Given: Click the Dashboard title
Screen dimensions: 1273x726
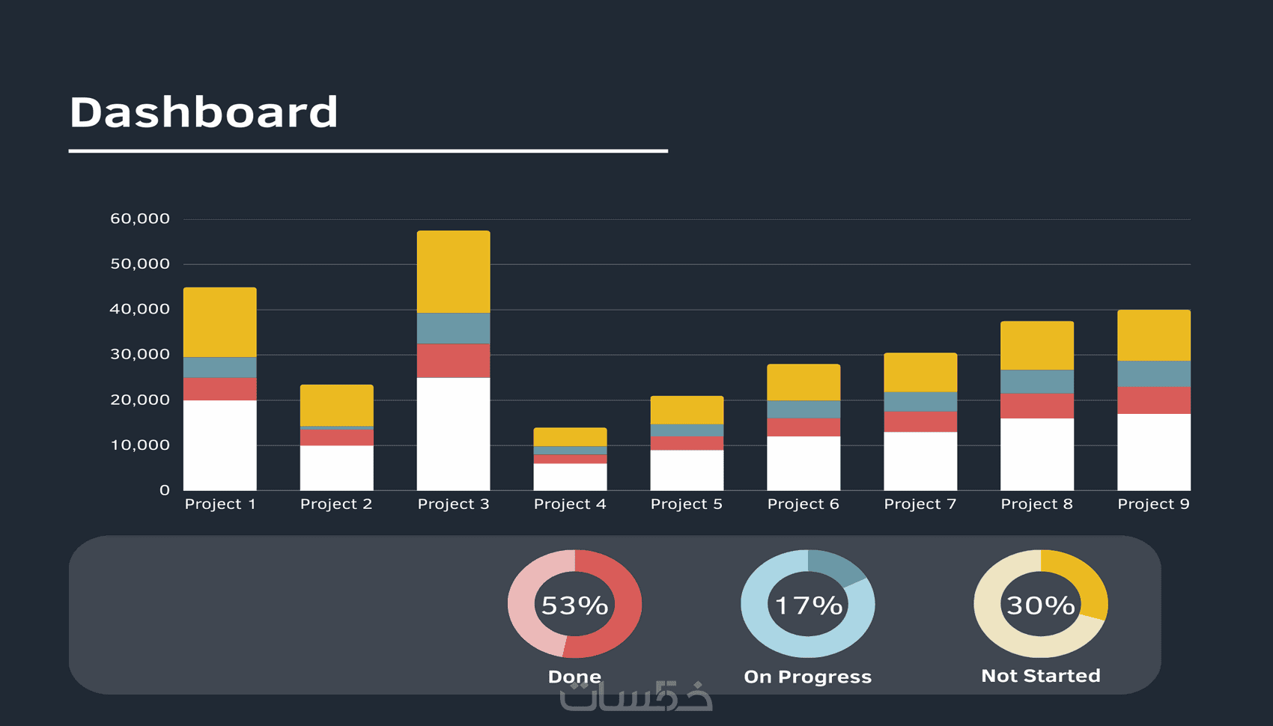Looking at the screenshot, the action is point(204,112).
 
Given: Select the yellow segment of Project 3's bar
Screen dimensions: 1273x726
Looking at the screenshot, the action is point(454,272).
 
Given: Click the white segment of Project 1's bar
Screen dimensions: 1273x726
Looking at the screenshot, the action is point(220,445).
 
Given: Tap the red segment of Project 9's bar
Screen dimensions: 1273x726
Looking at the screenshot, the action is point(1154,400).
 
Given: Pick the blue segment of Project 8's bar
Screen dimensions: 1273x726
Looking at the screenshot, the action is point(1037,382).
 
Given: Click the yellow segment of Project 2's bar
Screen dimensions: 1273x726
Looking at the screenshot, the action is point(337,405).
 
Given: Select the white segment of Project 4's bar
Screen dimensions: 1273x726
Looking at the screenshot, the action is point(570,478).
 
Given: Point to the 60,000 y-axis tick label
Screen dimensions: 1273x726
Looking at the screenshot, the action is point(140,219).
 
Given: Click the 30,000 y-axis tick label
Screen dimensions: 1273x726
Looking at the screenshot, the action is point(140,355).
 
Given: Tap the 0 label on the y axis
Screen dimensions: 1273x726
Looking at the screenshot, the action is point(165,490).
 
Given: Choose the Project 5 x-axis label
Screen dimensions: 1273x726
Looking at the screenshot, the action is point(687,504).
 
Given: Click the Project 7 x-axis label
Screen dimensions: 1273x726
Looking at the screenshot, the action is point(920,504).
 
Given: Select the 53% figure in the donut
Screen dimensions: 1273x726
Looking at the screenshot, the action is point(574,605).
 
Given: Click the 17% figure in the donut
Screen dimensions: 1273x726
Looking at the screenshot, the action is point(808,605).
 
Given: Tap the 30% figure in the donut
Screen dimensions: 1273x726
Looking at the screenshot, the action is point(1041,605).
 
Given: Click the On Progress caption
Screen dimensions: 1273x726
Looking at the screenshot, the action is point(807,677).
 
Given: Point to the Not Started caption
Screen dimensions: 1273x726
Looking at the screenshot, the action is point(1041,676).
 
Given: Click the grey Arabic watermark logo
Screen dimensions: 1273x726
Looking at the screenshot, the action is point(636,696).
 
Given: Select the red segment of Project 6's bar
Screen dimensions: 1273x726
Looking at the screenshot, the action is point(803,427).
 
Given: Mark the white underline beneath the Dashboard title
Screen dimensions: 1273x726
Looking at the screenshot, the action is point(368,151).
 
